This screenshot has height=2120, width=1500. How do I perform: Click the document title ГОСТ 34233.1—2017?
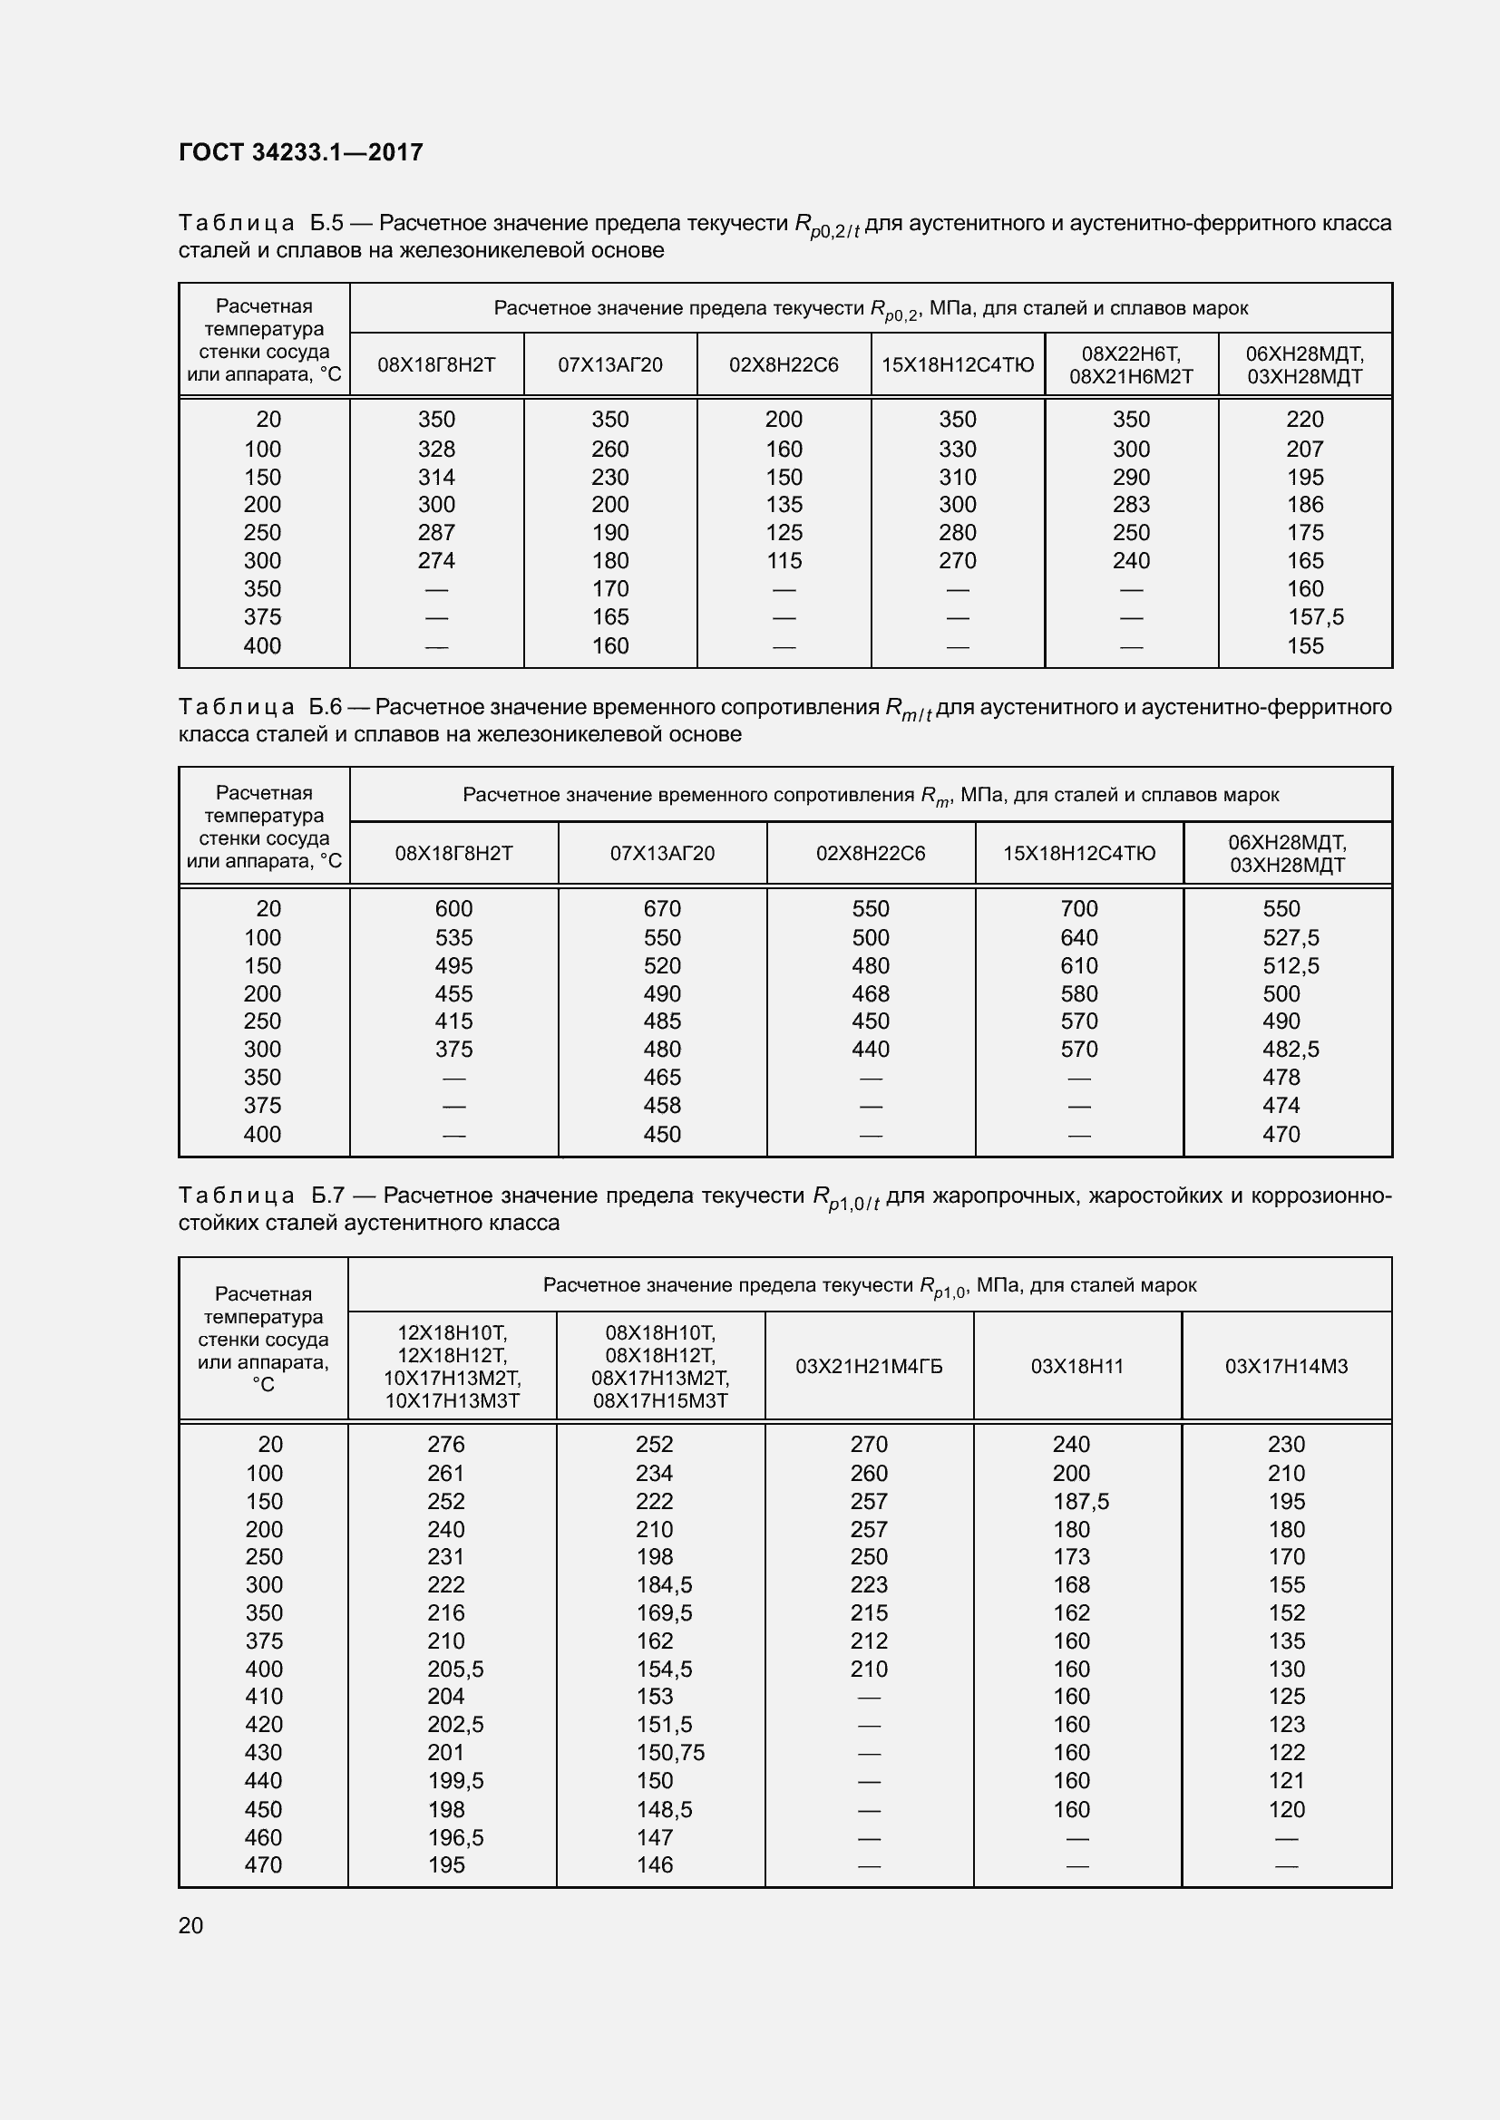click(x=300, y=152)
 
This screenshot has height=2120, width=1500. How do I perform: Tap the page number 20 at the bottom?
click(x=190, y=1925)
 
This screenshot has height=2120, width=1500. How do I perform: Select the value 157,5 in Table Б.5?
click(x=1315, y=617)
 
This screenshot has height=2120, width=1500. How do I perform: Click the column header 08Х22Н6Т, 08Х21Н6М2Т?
click(x=1131, y=364)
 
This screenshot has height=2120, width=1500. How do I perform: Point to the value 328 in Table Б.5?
click(x=436, y=449)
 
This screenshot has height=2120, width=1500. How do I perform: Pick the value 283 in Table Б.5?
click(x=1131, y=504)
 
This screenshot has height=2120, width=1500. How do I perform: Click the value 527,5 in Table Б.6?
click(x=1291, y=937)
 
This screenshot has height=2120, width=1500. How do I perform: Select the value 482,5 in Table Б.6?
click(x=1291, y=1049)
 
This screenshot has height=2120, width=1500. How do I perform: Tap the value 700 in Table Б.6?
click(x=1079, y=908)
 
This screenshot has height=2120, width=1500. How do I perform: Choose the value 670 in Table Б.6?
click(x=661, y=908)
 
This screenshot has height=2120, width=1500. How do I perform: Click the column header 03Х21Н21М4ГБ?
click(x=868, y=1366)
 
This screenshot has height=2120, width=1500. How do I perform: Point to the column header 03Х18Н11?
click(x=1077, y=1366)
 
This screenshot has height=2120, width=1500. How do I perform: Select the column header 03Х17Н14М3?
click(x=1286, y=1366)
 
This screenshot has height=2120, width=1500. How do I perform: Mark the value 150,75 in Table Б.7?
click(x=669, y=1752)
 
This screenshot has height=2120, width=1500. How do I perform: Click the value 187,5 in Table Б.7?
click(x=1081, y=1500)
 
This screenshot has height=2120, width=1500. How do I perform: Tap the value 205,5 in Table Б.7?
click(x=454, y=1669)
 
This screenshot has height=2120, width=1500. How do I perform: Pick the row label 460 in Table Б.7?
click(x=263, y=1836)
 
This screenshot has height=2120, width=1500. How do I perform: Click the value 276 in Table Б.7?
click(x=445, y=1444)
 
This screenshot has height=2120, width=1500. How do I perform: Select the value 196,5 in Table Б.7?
click(x=454, y=1836)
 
